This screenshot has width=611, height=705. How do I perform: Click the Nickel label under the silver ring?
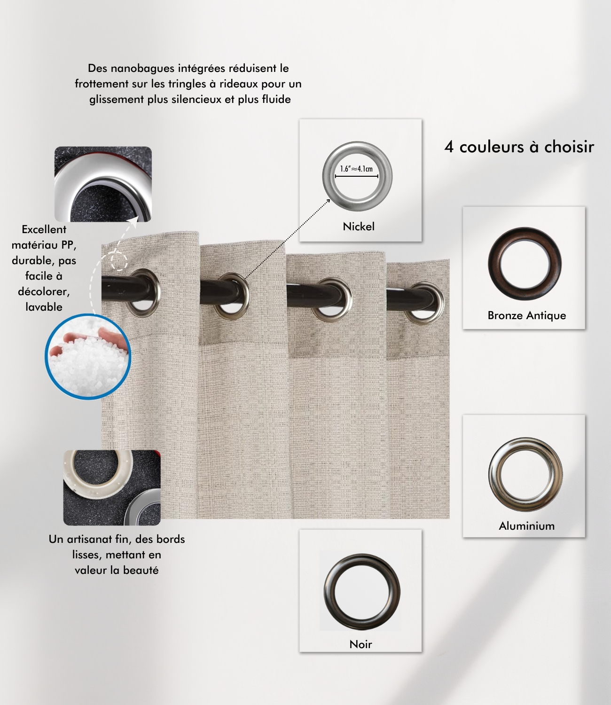(x=359, y=227)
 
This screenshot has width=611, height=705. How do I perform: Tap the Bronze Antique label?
(x=527, y=315)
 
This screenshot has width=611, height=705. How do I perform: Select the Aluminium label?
(x=527, y=526)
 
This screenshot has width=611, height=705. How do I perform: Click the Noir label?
(x=360, y=644)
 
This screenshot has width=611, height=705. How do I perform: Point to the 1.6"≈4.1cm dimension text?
(x=357, y=169)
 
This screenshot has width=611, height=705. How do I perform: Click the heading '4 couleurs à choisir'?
(x=519, y=147)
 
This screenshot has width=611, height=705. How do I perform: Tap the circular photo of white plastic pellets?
(x=88, y=356)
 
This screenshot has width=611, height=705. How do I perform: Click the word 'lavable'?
(x=44, y=307)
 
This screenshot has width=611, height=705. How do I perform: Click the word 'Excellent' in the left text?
(x=44, y=229)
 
